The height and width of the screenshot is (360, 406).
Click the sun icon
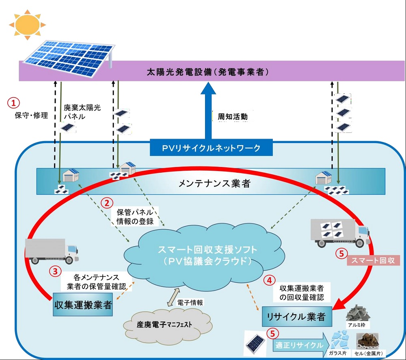point(26,25)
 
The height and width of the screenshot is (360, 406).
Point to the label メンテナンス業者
point(214,183)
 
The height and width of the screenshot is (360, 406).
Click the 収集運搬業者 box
point(83,305)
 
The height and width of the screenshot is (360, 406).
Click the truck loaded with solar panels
point(339,232)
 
